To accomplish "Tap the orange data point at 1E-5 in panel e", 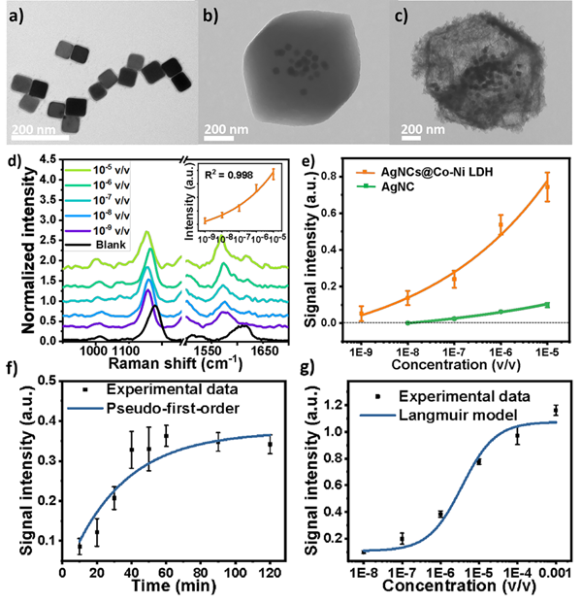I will [x=546, y=184].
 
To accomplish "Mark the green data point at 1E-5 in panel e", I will [x=546, y=305].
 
